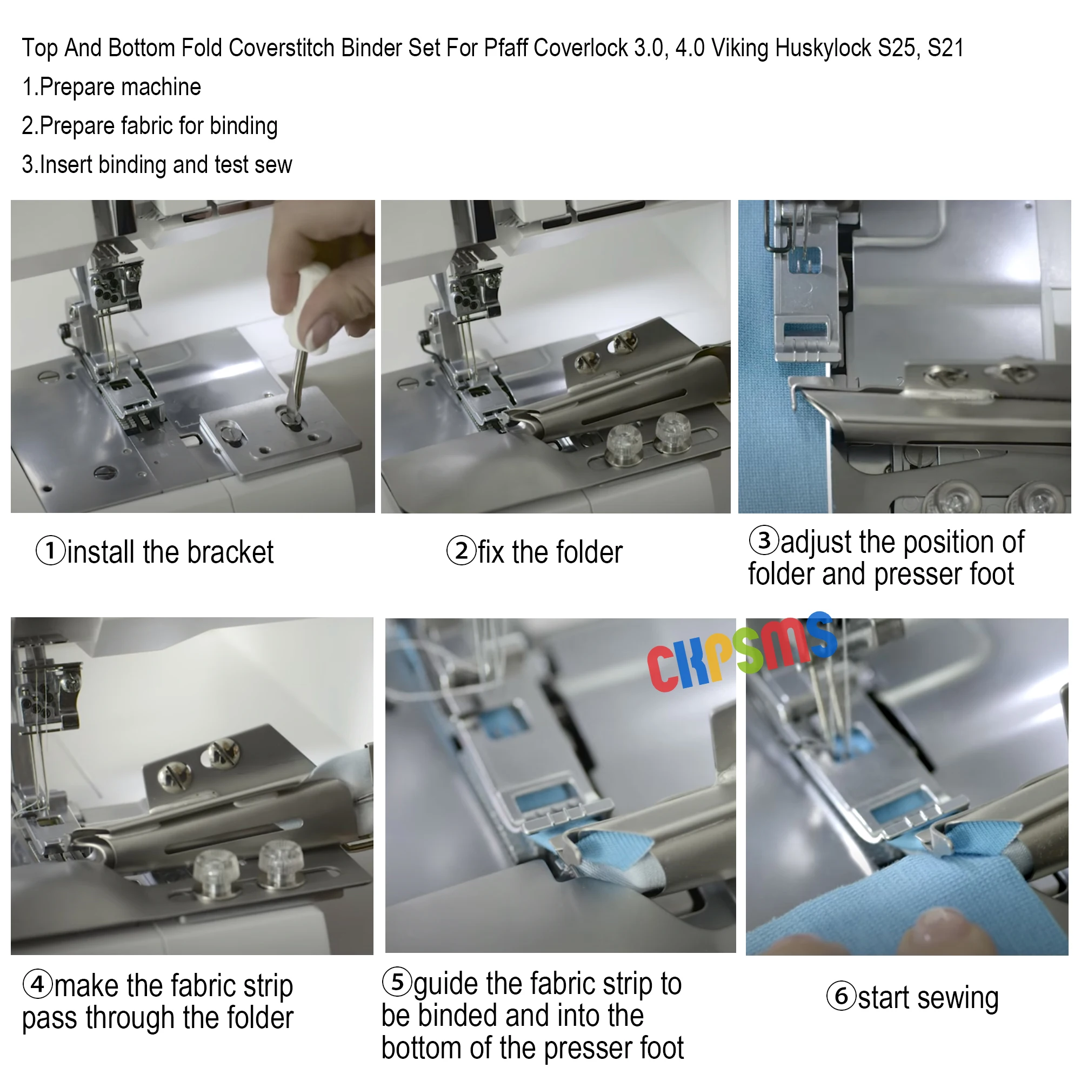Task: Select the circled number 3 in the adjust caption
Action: [764, 540]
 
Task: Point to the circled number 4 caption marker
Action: [37, 984]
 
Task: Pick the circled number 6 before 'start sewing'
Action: [841, 997]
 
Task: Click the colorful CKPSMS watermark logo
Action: [742, 652]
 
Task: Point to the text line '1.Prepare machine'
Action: [111, 87]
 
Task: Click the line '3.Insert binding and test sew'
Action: [157, 165]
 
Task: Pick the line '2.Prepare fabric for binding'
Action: [149, 126]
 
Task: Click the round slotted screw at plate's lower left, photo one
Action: [104, 472]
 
